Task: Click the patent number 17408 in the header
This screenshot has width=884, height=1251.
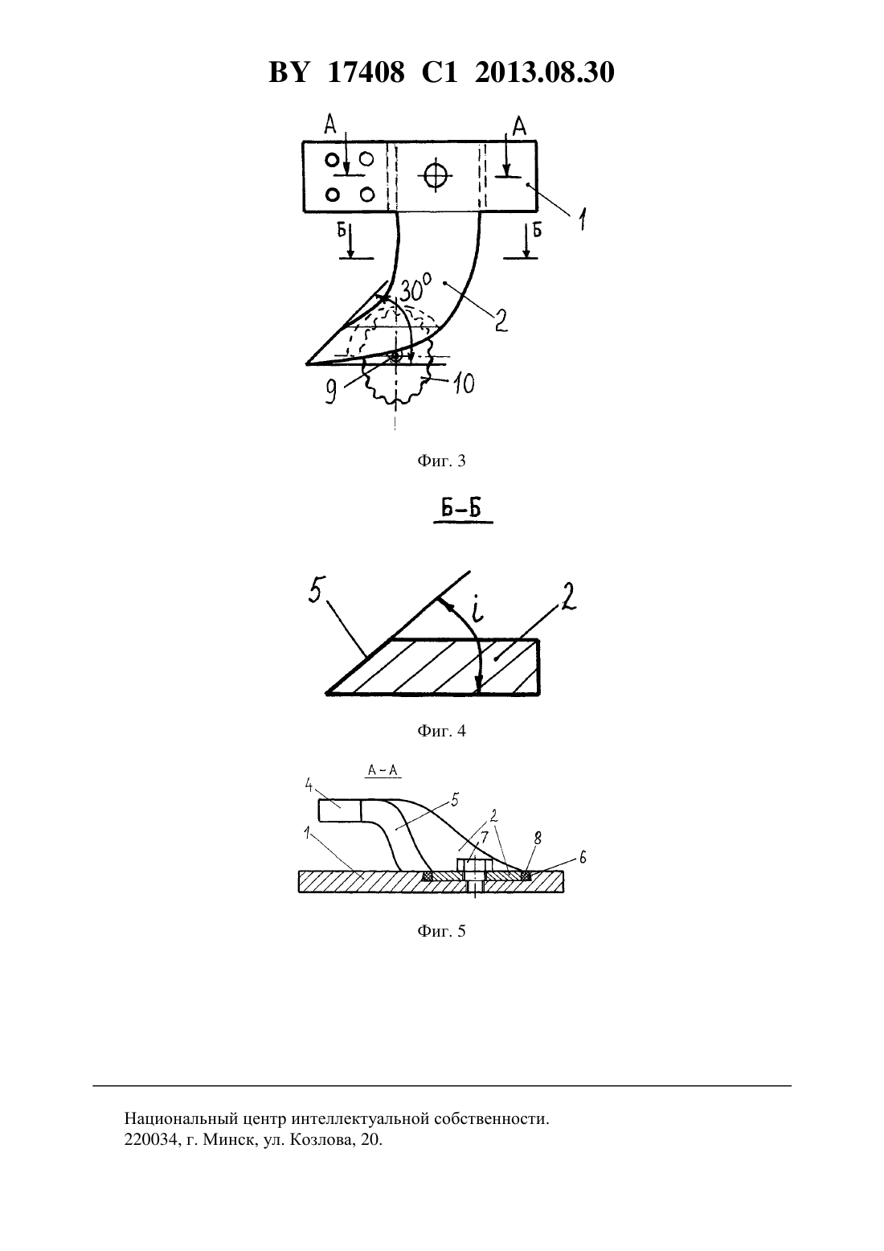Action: point(366,72)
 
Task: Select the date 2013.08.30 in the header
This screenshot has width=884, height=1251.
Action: point(545,72)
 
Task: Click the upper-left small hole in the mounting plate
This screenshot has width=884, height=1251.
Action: point(332,160)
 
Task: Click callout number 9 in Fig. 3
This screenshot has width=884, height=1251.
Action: point(331,392)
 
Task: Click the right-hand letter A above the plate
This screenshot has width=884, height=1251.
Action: point(520,126)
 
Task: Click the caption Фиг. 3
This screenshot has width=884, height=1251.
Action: point(441,461)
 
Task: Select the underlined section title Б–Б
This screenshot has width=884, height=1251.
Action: point(463,510)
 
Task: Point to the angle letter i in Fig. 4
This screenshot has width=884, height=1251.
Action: point(477,610)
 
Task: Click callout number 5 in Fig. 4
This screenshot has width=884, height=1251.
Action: point(315,593)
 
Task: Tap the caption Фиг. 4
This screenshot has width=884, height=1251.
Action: point(441,731)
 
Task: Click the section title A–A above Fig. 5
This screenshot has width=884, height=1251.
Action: point(383,770)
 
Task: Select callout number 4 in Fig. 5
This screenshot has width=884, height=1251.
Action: point(309,785)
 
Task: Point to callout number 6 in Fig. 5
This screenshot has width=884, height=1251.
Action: point(583,857)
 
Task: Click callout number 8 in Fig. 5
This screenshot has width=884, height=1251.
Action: point(538,839)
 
